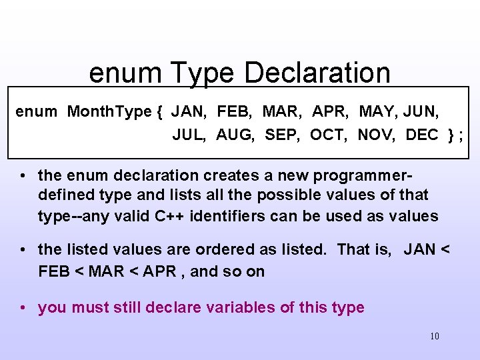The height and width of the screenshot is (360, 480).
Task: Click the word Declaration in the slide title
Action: (x=317, y=73)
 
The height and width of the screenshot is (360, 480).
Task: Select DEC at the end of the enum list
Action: (x=422, y=135)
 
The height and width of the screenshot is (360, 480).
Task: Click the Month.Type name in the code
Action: (x=109, y=111)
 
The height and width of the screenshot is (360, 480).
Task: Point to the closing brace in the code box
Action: (x=452, y=135)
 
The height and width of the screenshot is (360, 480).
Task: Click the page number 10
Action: (x=435, y=336)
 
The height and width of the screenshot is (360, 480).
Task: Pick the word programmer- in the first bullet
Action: (x=363, y=176)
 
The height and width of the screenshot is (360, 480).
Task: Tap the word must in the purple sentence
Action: (x=89, y=308)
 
